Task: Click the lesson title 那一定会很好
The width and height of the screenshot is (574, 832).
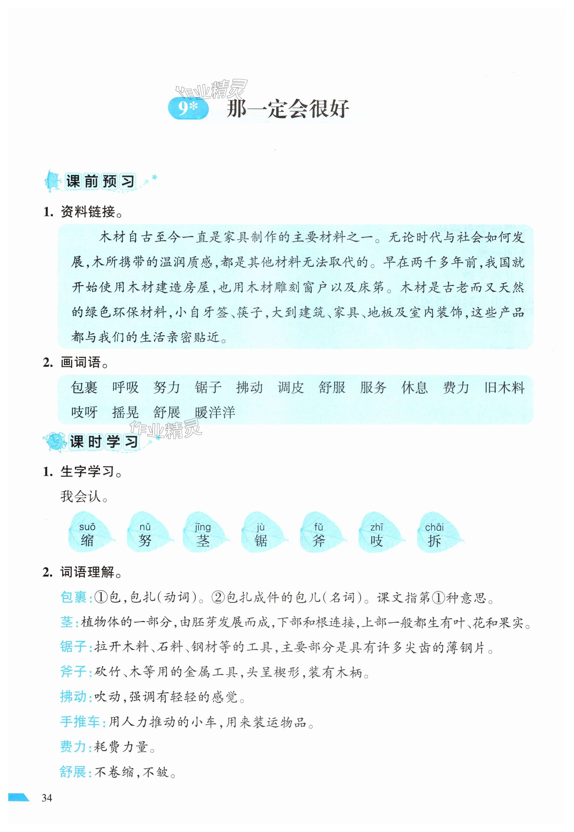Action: click(x=287, y=109)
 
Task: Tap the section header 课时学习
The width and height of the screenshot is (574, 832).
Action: click(x=104, y=442)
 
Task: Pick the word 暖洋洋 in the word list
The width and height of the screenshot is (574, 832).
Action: click(x=215, y=412)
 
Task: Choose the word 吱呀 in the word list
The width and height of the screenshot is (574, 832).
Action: click(x=84, y=412)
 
